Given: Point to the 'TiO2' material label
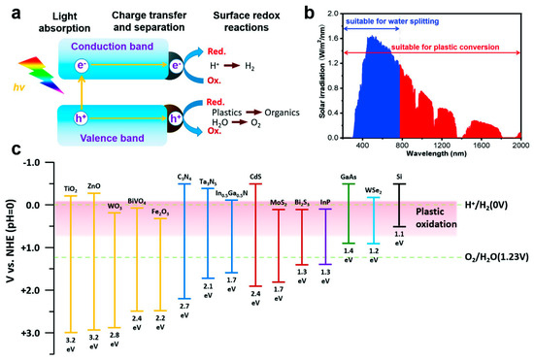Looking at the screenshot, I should pyautogui.click(x=70, y=188).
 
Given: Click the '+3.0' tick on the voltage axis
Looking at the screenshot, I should pyautogui.click(x=39, y=333).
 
